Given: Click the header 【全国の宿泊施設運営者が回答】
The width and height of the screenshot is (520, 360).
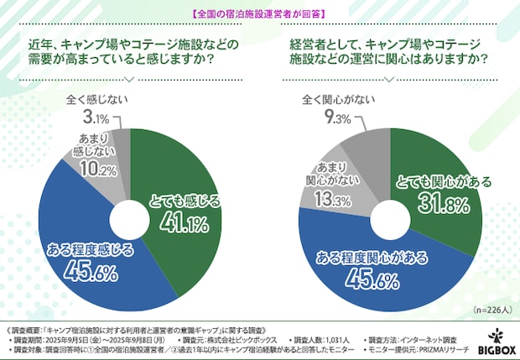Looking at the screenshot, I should [259, 13].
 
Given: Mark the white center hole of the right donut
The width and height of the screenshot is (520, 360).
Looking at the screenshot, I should [391, 214].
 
